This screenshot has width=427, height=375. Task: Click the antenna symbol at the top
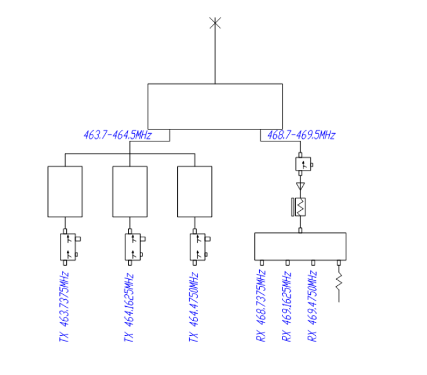(x=215, y=23)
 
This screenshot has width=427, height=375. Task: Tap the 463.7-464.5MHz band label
(x=117, y=135)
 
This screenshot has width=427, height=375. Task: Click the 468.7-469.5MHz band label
(x=301, y=135)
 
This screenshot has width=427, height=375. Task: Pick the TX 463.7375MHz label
(x=64, y=307)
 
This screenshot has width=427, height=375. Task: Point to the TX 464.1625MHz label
(x=129, y=307)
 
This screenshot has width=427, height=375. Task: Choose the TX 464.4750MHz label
(x=194, y=307)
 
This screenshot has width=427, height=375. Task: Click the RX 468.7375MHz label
(x=260, y=306)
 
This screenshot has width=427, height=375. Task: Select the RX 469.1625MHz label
(x=286, y=306)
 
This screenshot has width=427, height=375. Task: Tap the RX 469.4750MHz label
(x=312, y=306)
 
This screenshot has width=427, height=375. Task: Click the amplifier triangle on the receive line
(x=300, y=186)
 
